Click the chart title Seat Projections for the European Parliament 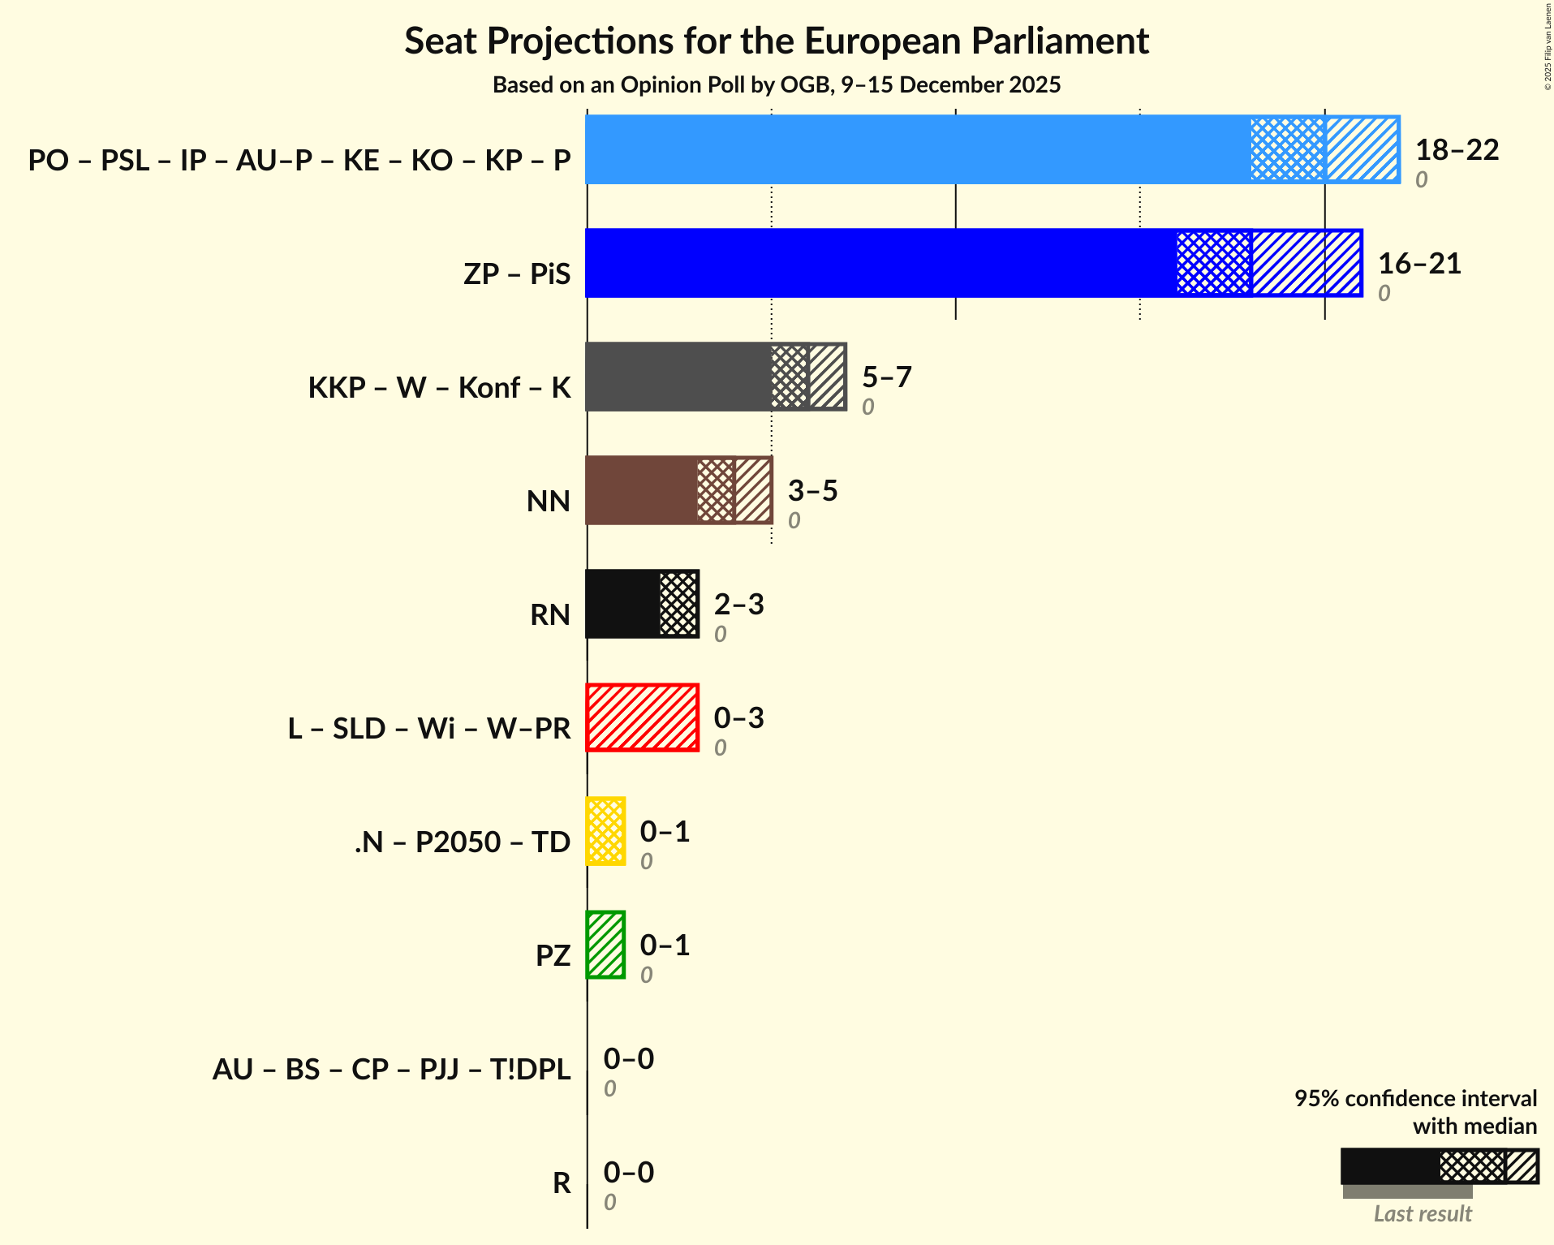tap(777, 41)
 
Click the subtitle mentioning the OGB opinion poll tap(777, 85)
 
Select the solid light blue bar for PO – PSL tap(917, 149)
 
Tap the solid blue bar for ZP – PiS tap(880, 263)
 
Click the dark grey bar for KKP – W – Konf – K tap(678, 377)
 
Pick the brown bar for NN tap(641, 490)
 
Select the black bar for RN tap(622, 604)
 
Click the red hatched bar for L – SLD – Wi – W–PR tap(642, 717)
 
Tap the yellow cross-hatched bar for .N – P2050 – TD tap(605, 831)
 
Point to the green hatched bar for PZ tap(605, 945)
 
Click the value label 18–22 tap(1457, 150)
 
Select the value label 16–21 tap(1419, 264)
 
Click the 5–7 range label tap(886, 377)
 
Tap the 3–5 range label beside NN tap(812, 491)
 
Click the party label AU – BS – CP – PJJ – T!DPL tap(391, 1069)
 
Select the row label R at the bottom tap(562, 1183)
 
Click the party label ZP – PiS tap(517, 274)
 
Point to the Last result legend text tap(1422, 1213)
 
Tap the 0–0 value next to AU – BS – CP tap(628, 1059)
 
